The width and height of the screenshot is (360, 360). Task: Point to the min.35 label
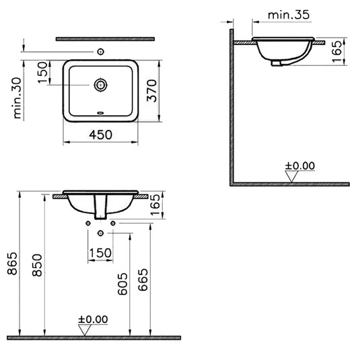(288, 13)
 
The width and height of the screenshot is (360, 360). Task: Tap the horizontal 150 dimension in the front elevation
(100, 252)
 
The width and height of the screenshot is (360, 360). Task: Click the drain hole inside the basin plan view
(101, 85)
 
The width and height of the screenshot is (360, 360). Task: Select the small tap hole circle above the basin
(101, 51)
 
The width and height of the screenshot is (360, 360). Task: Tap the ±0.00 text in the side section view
(299, 165)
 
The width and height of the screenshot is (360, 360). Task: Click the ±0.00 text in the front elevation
(92, 319)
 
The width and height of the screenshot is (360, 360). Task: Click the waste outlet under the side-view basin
(277, 63)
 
